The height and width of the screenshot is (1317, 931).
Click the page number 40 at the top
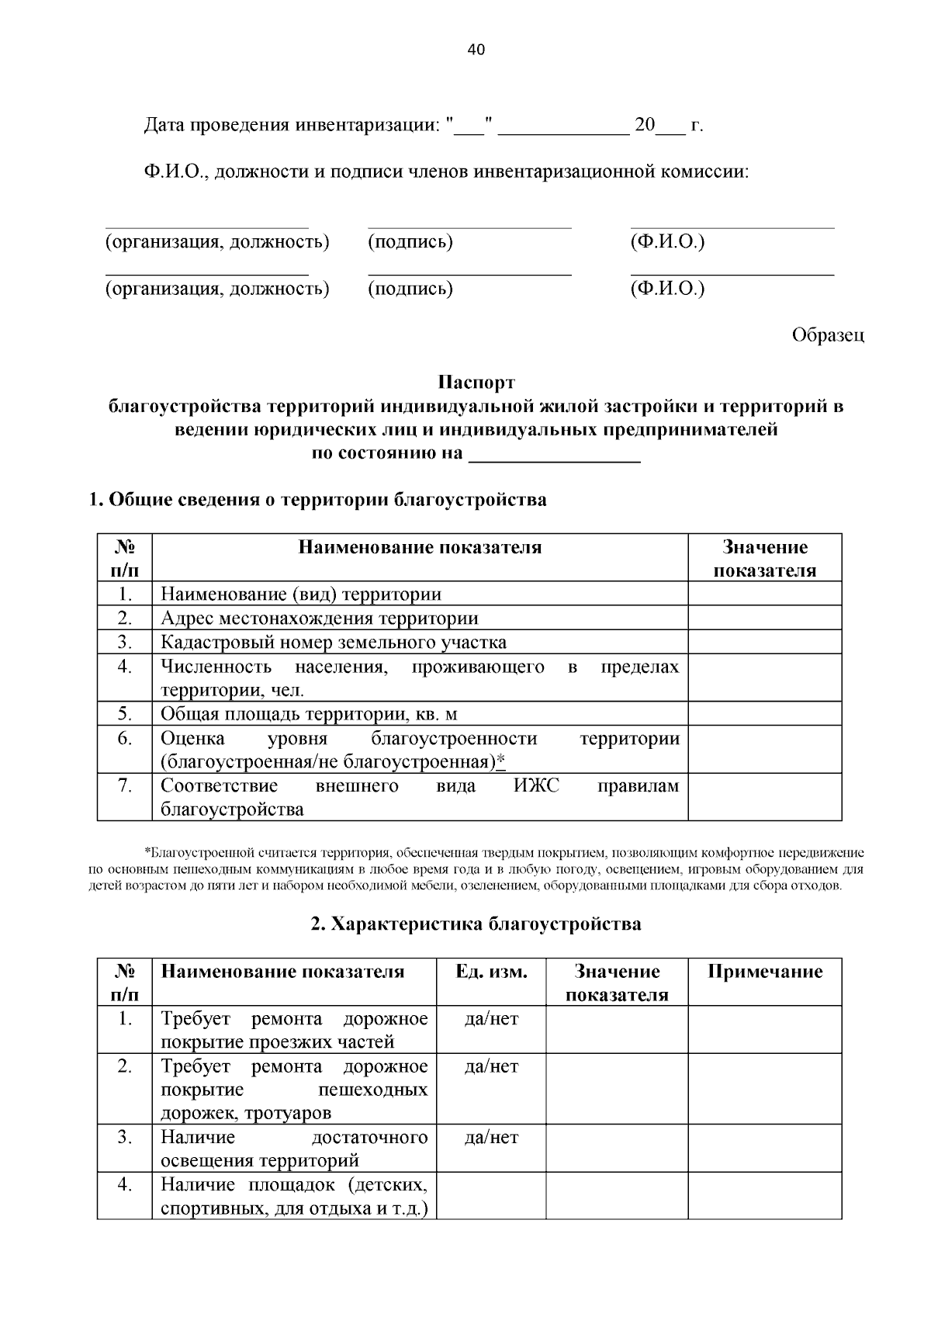click(x=476, y=50)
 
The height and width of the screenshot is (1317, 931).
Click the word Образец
click(x=827, y=335)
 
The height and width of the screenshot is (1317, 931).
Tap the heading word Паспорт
click(x=476, y=383)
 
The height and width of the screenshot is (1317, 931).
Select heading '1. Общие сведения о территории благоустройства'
click(x=318, y=500)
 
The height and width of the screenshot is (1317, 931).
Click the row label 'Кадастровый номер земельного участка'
click(x=334, y=643)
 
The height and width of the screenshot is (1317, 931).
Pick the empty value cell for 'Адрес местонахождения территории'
click(x=764, y=619)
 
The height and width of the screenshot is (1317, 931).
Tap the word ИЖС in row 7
click(x=536, y=786)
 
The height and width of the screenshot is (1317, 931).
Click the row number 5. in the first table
click(x=125, y=714)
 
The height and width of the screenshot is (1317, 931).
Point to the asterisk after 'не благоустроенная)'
click(x=501, y=762)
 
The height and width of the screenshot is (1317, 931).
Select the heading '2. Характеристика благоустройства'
click(x=476, y=924)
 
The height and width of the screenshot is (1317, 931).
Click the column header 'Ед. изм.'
click(x=491, y=972)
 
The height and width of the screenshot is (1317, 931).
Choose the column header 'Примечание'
click(x=764, y=972)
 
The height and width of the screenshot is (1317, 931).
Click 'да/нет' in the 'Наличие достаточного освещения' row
click(x=491, y=1139)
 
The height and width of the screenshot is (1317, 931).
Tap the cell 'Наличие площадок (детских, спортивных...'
click(x=294, y=1197)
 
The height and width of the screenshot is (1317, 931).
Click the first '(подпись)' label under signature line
click(x=410, y=242)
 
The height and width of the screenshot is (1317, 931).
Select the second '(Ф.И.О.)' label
click(x=667, y=289)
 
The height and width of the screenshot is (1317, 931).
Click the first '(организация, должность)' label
click(x=217, y=242)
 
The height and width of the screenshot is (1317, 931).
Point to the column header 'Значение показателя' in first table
click(x=764, y=559)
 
